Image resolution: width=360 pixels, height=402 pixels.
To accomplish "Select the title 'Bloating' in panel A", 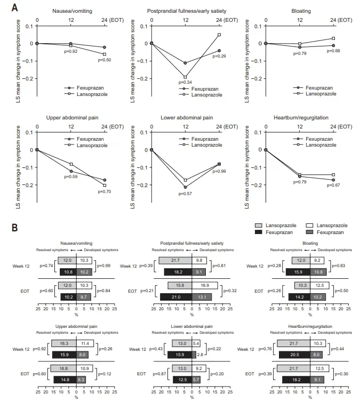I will [300, 11].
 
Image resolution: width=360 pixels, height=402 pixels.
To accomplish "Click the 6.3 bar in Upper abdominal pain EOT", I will [81, 379].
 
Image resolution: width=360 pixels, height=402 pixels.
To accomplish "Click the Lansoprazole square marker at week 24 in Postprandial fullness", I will [219, 35].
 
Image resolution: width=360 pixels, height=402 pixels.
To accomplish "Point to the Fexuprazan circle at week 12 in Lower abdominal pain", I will [186, 187].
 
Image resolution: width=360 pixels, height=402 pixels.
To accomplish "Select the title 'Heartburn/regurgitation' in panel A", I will [300, 117].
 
